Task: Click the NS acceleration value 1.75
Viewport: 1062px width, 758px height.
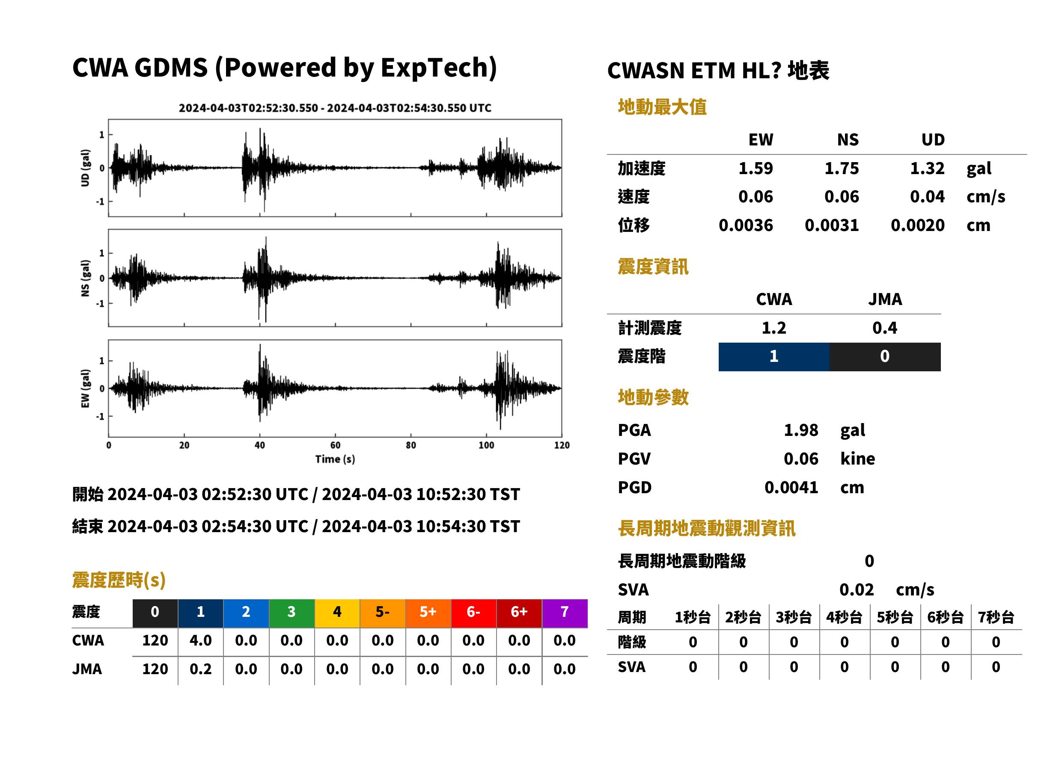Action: pos(841,168)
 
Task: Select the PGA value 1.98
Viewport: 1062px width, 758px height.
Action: pos(800,430)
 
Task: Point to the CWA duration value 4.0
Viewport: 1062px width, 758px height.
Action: pos(200,640)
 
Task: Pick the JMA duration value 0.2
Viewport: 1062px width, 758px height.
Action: pos(200,669)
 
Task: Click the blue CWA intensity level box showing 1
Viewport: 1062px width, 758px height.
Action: pos(774,357)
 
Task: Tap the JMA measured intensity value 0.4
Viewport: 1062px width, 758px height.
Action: pos(884,328)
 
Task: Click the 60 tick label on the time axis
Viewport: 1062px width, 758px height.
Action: pos(335,445)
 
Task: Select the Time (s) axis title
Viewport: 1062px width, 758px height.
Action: pos(335,459)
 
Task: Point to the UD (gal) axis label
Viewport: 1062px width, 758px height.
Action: pos(85,168)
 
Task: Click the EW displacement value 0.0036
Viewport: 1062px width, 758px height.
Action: pos(746,225)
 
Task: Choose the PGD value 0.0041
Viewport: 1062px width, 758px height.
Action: pos(791,488)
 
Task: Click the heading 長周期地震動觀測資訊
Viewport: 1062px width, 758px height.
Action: pos(707,528)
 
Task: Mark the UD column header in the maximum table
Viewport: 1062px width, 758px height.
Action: pos(933,139)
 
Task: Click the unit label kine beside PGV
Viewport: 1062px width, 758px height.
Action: pos(857,459)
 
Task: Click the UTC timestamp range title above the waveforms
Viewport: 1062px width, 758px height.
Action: pos(335,108)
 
